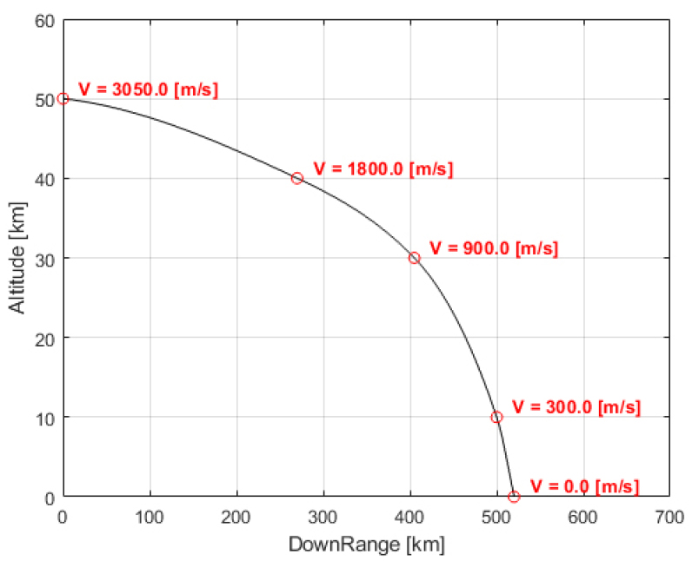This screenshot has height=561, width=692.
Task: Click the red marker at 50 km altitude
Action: (x=63, y=99)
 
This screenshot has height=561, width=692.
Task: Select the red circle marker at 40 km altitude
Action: (x=297, y=178)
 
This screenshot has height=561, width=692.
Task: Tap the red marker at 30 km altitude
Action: (x=414, y=258)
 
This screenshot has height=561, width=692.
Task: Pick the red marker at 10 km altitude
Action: (x=496, y=417)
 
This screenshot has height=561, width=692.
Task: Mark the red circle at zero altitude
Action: (x=514, y=497)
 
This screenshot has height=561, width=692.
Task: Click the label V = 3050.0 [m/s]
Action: (x=148, y=89)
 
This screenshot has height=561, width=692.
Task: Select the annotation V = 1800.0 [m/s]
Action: (x=383, y=169)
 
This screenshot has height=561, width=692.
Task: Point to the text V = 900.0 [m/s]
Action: (x=494, y=247)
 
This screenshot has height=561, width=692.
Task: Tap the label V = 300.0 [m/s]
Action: (x=576, y=407)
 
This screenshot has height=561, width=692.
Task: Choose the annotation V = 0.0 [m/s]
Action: (x=584, y=486)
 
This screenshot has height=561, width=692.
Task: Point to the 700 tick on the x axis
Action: (x=669, y=515)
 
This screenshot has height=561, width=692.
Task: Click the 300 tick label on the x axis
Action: (x=323, y=515)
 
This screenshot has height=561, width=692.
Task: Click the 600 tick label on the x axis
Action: (x=582, y=515)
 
